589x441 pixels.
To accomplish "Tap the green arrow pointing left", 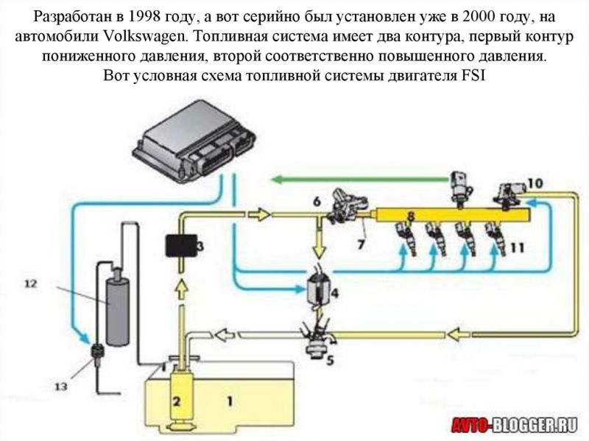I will (x=353, y=177).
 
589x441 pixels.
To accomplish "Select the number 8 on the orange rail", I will (x=411, y=216).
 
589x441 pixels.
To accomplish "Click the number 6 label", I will (x=316, y=200).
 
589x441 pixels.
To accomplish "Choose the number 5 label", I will (x=329, y=361).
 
